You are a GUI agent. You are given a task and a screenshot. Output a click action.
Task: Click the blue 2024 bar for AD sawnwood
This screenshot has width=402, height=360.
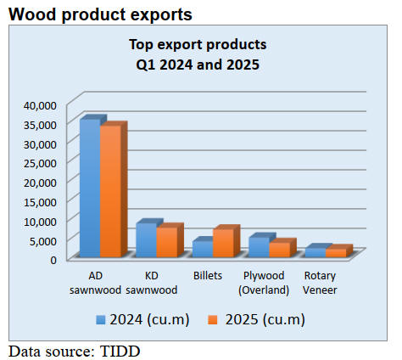tap(90, 188)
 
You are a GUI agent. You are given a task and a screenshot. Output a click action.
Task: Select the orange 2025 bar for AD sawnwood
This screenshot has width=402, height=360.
tap(111, 191)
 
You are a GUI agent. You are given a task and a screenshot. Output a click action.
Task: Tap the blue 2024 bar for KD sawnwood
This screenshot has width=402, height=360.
tap(147, 239)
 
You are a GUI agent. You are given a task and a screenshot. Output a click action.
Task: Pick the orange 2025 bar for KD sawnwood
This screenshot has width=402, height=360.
tap(167, 242)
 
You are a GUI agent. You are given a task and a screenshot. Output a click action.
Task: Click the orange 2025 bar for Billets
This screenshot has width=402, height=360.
tap(223, 243)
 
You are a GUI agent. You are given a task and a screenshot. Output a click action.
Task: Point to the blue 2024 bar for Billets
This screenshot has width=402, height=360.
tap(203, 249)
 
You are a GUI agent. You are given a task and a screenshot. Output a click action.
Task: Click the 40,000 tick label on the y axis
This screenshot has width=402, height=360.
tap(41, 105)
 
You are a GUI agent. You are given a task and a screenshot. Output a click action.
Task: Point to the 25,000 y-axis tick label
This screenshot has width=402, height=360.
tap(41, 163)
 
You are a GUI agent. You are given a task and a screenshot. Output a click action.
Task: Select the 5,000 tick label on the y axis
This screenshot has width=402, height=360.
tap(43, 241)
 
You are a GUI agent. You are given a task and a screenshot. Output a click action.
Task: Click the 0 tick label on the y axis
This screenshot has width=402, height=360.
tap(53, 260)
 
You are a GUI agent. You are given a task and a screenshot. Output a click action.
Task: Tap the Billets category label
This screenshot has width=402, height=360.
tap(208, 275)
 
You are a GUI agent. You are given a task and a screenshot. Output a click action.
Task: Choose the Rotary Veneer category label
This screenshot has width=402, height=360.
tap(320, 283)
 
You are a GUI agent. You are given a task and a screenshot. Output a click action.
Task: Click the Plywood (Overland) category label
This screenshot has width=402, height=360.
tap(264, 283)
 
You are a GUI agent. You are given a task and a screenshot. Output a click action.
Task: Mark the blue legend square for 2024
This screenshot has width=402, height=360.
tap(101, 320)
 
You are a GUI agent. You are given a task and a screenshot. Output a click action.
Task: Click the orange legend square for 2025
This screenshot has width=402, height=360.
tap(213, 320)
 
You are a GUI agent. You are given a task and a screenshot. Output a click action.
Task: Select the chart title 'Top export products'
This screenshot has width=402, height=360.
tap(198, 45)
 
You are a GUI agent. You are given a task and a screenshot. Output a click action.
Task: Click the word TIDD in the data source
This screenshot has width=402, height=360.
tap(120, 352)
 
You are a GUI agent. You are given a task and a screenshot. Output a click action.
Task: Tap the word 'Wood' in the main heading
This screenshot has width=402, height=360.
tap(32, 14)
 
